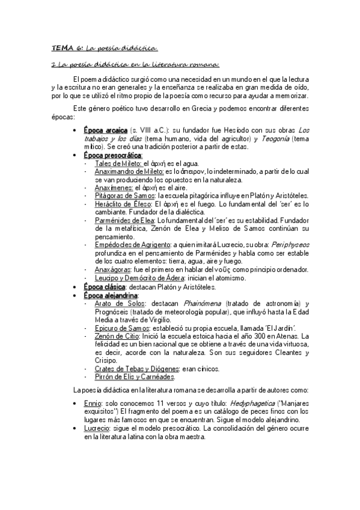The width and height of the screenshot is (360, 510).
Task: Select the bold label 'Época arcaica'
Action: (106, 131)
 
